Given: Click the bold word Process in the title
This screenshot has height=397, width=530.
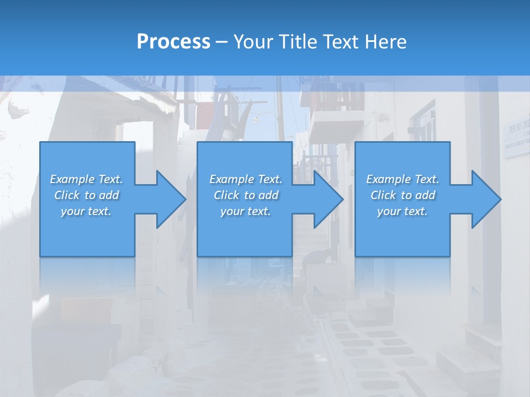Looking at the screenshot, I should (173, 41).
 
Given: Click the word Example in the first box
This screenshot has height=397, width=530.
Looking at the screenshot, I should (72, 179).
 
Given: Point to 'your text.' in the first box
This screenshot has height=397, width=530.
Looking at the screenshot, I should (86, 211).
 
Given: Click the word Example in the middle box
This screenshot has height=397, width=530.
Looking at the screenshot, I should (231, 179).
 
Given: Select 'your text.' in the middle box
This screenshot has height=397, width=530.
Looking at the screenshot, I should (245, 211).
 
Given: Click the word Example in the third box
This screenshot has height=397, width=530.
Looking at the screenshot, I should (388, 179).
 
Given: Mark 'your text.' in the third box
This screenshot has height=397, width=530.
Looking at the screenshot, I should (402, 211).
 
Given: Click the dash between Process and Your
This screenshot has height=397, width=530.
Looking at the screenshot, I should (222, 42).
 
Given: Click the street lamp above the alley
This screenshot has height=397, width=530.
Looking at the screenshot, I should (258, 117).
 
